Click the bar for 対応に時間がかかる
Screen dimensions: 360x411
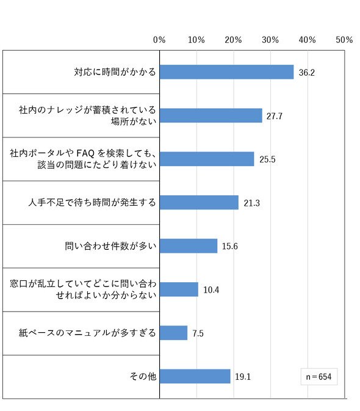coord(227,72)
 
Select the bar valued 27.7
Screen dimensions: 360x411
coord(211,115)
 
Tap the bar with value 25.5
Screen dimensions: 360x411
coord(207,159)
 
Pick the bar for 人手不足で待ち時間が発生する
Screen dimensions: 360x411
coord(200,202)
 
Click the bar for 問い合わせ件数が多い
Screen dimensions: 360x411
coord(189,246)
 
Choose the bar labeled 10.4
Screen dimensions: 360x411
coord(179,289)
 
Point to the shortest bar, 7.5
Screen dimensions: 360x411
coord(173,333)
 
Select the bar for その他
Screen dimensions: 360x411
coord(195,376)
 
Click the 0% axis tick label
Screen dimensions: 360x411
coord(159,40)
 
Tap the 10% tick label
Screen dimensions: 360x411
coord(196,40)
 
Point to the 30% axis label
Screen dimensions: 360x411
coord(270,40)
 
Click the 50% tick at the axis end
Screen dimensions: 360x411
coord(344,40)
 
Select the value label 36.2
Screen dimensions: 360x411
coord(306,73)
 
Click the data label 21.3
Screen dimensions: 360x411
coord(251,203)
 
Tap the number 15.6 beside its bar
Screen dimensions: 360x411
coord(230,246)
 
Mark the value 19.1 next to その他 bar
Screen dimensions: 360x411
coord(243,377)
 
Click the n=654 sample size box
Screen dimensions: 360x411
coord(319,377)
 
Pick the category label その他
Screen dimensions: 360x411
coord(143,376)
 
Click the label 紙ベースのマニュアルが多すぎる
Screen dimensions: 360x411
coord(87,333)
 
